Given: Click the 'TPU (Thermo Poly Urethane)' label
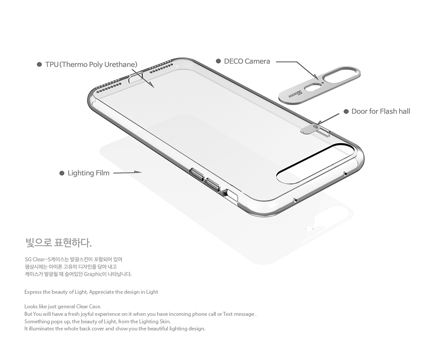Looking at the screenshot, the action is [x=91, y=64].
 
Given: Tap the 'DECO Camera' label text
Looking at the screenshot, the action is [x=247, y=61].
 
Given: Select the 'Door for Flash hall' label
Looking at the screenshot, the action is [x=381, y=111].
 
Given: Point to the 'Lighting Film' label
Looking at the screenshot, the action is [x=88, y=173].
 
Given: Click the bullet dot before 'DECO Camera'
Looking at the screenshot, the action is [x=218, y=61].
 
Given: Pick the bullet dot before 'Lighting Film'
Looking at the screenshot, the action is [x=62, y=173].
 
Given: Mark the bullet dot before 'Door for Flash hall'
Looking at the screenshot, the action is [x=346, y=112].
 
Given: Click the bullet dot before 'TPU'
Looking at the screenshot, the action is [x=39, y=64].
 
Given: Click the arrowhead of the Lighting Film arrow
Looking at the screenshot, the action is [x=137, y=172].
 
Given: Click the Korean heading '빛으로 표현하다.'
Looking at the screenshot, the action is [x=58, y=243].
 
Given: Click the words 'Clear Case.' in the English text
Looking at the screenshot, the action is [x=88, y=307].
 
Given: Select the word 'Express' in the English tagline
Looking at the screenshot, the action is [x=33, y=292].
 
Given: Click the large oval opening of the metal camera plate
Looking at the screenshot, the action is [x=340, y=75].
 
